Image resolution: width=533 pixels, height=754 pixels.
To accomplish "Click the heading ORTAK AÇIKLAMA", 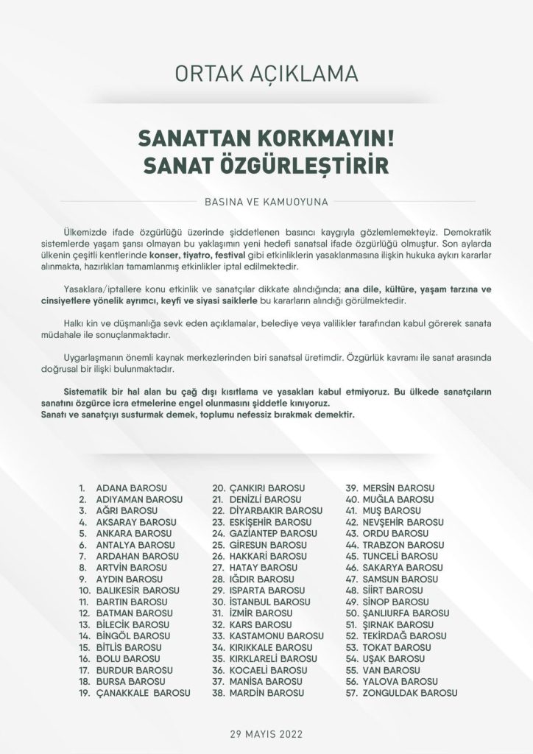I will (266, 74).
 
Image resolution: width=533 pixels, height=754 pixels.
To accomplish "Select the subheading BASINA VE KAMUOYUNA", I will (266, 200).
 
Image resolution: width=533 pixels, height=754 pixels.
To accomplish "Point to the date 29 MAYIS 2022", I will (266, 734).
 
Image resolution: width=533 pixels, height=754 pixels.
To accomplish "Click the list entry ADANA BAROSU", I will (132, 488).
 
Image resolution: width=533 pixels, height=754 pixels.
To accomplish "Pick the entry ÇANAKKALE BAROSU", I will (143, 693).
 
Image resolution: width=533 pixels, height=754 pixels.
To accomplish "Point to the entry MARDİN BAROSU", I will (266, 693).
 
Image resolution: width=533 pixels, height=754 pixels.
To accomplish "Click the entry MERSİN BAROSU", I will (398, 488).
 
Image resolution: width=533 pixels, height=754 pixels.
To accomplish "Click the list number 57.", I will (353, 693).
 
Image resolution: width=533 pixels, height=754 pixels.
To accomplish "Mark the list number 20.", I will (219, 488).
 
